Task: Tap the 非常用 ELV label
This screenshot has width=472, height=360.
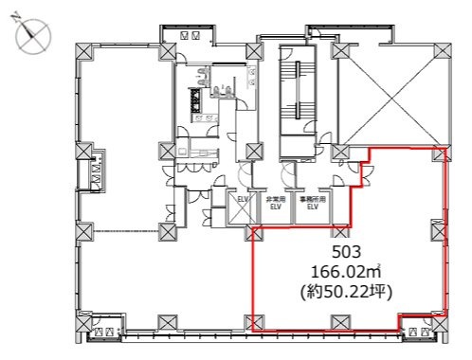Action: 276,203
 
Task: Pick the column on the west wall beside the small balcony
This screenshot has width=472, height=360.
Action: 82,152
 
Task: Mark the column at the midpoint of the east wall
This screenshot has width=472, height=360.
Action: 439,227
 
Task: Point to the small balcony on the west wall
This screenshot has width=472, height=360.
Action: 98,173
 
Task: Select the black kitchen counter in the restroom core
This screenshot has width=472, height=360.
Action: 198,102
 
